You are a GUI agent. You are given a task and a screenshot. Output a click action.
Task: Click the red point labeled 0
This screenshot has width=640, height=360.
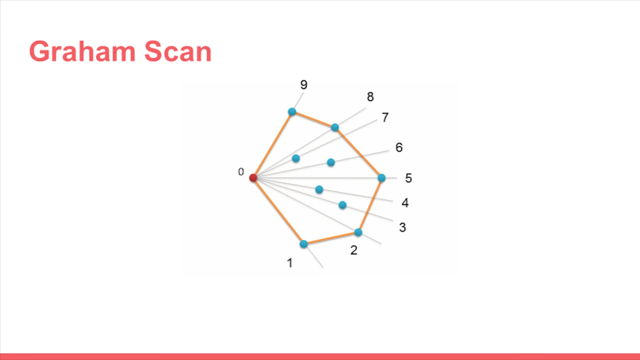point(253,177)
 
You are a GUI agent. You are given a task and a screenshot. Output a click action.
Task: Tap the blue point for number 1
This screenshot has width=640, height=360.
point(303,244)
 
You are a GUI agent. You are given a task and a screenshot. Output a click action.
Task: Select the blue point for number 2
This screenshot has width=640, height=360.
point(358,232)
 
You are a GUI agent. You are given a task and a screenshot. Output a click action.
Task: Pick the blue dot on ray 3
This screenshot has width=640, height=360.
point(342,205)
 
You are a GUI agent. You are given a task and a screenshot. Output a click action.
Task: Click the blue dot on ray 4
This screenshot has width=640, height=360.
point(319,189)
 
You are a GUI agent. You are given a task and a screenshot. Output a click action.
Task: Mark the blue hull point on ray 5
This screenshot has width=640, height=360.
point(381,177)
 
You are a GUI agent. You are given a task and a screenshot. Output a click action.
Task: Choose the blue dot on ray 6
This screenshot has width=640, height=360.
point(330,162)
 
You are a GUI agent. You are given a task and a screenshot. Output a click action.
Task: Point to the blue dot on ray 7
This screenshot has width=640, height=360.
point(295,158)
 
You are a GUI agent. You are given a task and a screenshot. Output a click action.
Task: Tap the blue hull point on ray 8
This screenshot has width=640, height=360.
point(335,127)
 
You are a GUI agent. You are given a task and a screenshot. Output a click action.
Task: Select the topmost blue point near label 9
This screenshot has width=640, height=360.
point(292,111)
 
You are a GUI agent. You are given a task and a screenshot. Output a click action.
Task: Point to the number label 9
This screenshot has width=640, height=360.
point(303,85)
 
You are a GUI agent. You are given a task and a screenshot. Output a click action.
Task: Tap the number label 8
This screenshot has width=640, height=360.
point(370,97)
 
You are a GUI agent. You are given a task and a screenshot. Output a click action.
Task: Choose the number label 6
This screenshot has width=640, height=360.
point(398,147)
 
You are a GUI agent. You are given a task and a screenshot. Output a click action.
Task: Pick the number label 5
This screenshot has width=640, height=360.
point(408,178)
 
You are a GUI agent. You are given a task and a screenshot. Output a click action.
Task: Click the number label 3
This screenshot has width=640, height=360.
point(402,227)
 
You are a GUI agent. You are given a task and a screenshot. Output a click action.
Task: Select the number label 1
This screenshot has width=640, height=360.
point(289,263)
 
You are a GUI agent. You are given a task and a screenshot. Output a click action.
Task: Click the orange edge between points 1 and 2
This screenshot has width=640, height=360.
point(330,238)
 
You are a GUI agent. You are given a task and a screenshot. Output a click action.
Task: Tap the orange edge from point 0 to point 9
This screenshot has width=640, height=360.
point(272,144)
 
